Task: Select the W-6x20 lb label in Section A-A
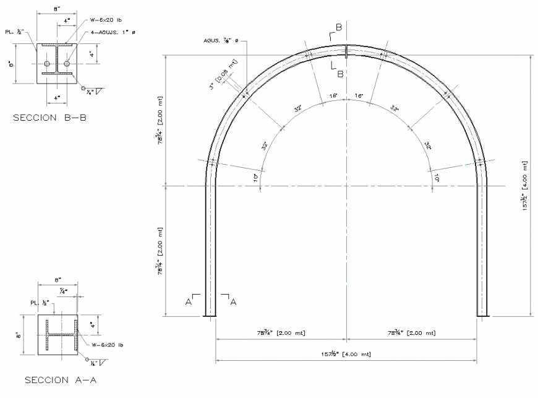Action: click(108, 345)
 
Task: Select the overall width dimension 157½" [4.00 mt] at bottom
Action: click(346, 354)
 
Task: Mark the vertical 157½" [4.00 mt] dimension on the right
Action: click(524, 186)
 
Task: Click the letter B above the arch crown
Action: click(339, 27)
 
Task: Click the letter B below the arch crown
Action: click(339, 74)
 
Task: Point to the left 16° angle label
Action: click(333, 96)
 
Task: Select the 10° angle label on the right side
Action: click(437, 178)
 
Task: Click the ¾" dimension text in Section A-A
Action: click(64, 290)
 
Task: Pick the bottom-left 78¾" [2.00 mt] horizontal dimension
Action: click(281, 333)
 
